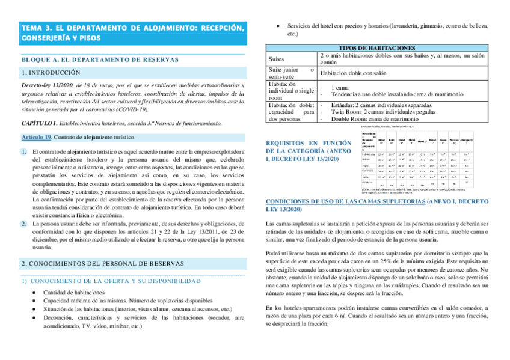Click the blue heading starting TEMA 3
132,33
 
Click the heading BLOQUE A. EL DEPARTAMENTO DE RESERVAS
100,59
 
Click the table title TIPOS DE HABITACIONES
377,47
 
